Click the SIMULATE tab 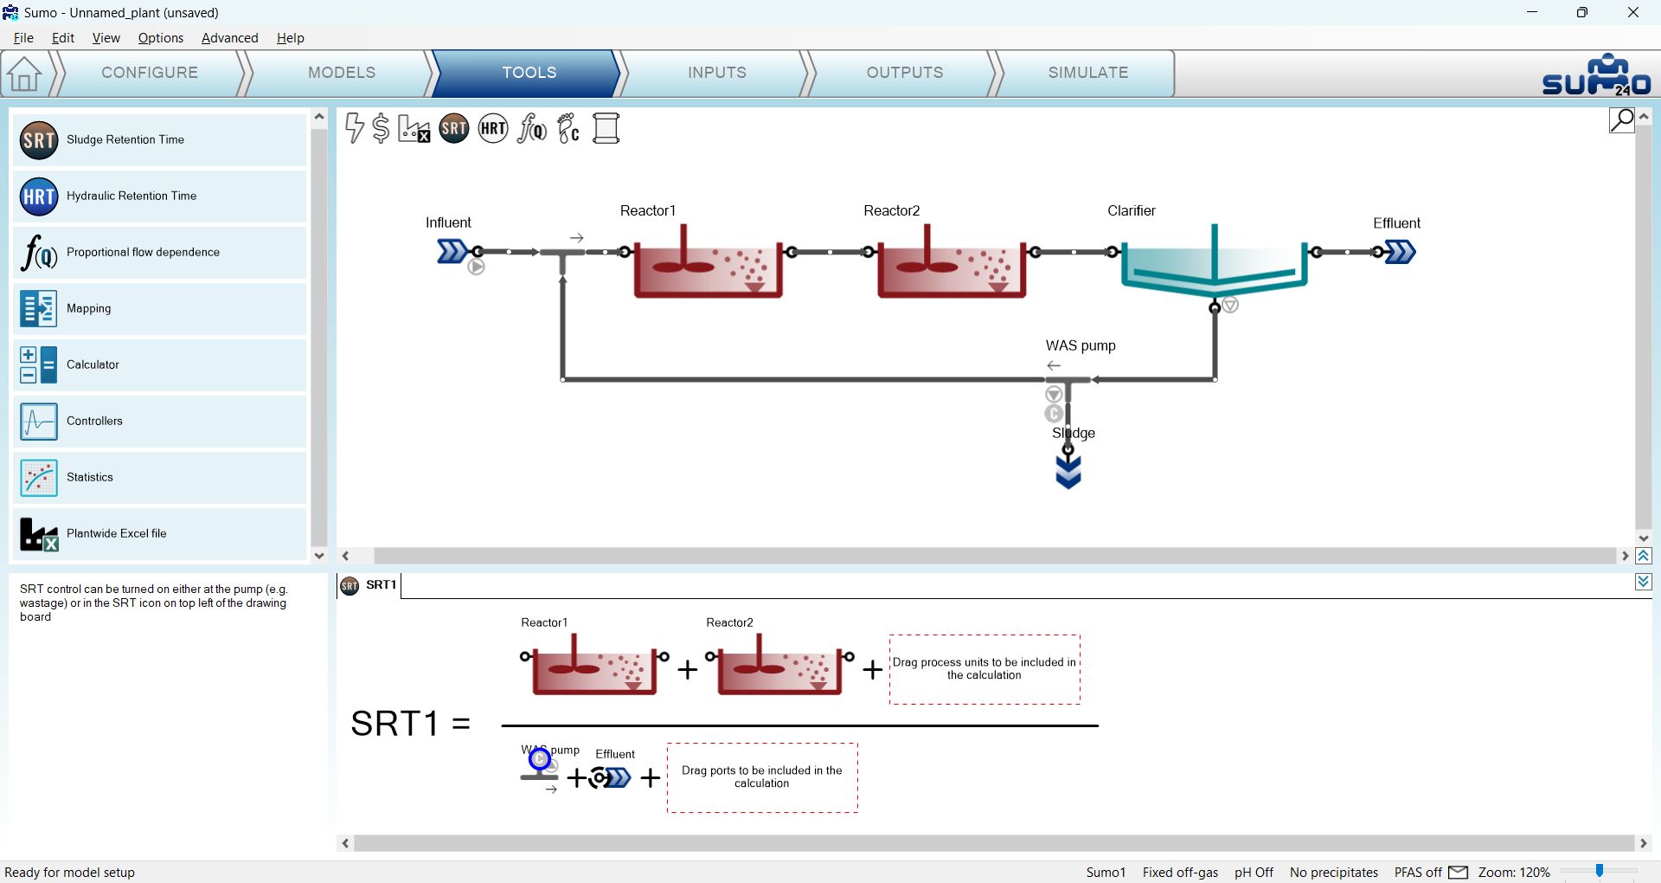click(1087, 73)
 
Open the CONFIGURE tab click(150, 73)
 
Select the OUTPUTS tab click(905, 73)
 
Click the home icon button click(24, 74)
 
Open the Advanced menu click(229, 38)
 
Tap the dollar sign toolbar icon click(381, 128)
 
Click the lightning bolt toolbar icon click(354, 128)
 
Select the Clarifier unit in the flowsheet click(1214, 260)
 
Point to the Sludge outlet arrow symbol click(1068, 472)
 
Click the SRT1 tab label click(381, 585)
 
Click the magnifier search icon click(1622, 119)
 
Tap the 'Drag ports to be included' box click(762, 777)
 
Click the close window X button click(1633, 12)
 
